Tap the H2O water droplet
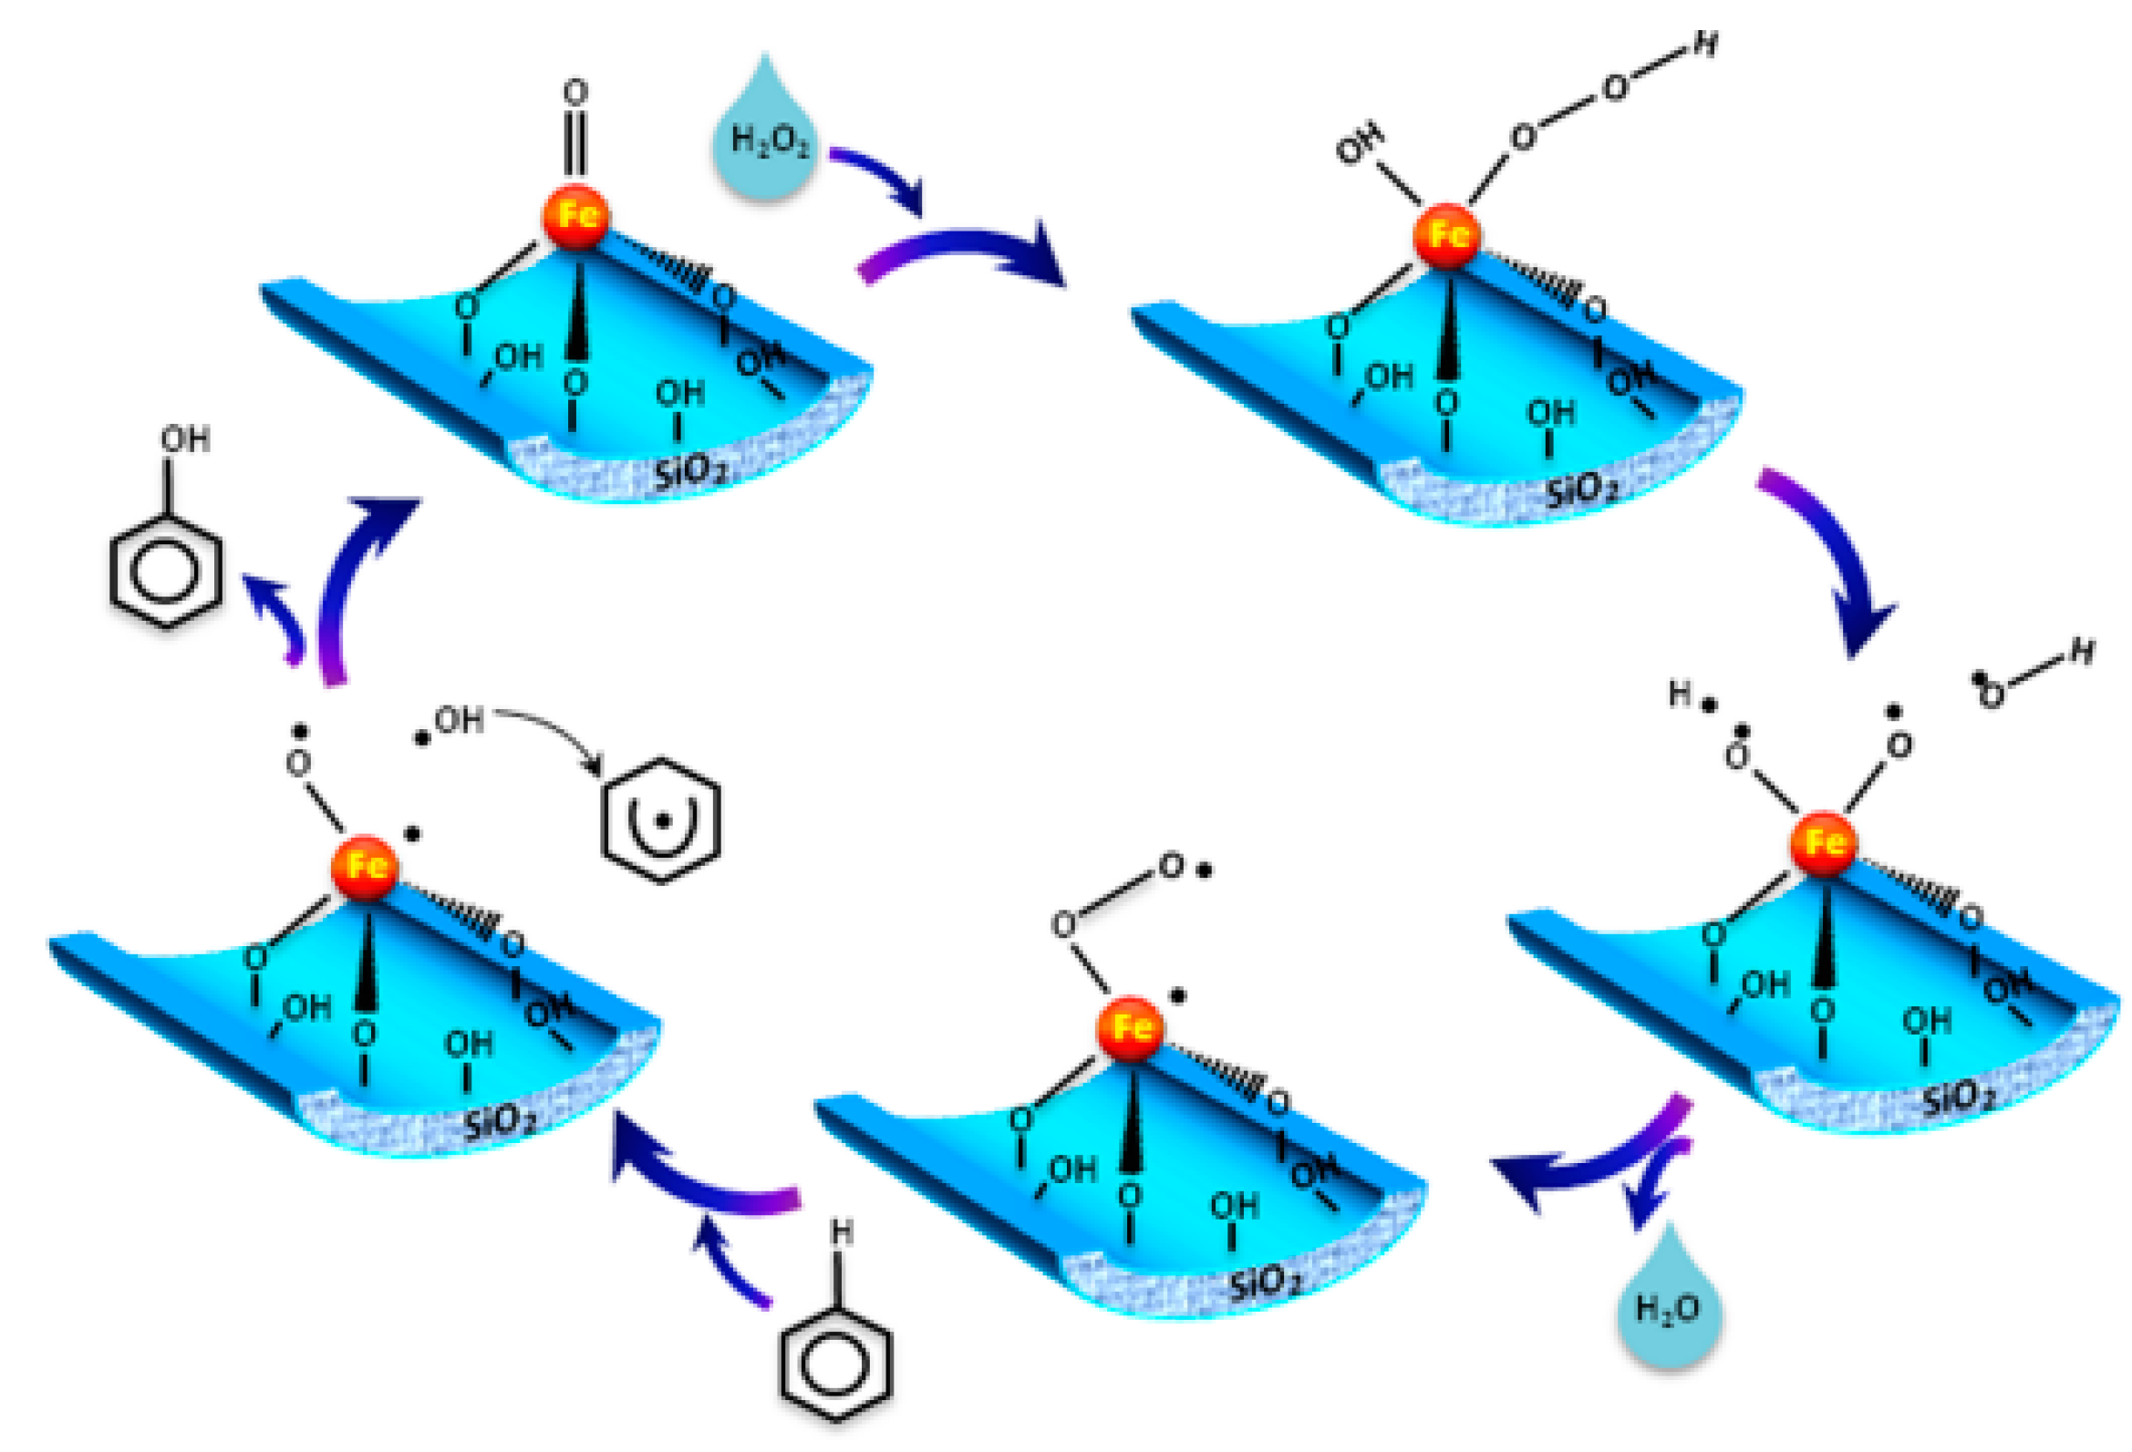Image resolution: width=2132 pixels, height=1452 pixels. click(1668, 1306)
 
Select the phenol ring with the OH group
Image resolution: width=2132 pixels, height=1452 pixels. click(166, 571)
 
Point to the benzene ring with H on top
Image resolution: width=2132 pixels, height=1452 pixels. click(835, 1362)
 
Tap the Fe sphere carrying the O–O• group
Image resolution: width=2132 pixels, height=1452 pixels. click(1130, 1028)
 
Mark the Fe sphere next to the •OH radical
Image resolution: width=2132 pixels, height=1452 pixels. click(365, 867)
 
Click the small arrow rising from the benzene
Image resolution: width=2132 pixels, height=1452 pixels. click(725, 1257)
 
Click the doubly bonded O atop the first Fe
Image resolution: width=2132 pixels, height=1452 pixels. click(575, 92)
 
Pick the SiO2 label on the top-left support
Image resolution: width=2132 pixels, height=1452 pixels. click(690, 471)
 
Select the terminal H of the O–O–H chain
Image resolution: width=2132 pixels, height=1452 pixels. click(1704, 43)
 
